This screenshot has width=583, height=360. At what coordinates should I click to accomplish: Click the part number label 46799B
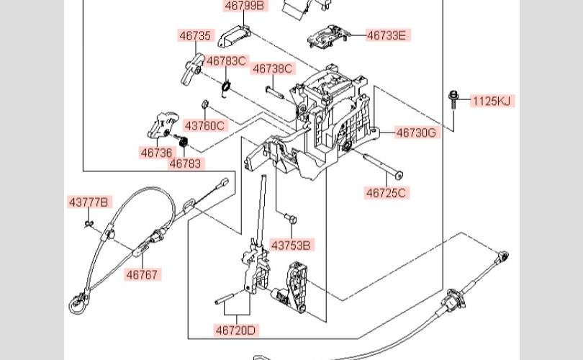pyautogui.click(x=245, y=6)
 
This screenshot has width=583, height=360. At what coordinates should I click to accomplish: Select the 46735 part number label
pyautogui.click(x=196, y=35)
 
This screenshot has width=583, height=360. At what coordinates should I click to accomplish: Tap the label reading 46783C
pyautogui.click(x=226, y=61)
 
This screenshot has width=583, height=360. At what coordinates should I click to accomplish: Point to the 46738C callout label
pyautogui.click(x=272, y=69)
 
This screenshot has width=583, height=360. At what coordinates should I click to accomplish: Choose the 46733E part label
pyautogui.click(x=386, y=35)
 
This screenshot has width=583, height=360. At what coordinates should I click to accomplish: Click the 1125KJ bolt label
pyautogui.click(x=493, y=102)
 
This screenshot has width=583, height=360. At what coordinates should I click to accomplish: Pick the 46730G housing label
pyautogui.click(x=416, y=132)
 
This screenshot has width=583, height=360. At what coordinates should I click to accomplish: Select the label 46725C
pyautogui.click(x=387, y=192)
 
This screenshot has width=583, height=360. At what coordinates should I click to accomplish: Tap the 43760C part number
pyautogui.click(x=204, y=125)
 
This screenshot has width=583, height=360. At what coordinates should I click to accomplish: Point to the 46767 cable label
pyautogui.click(x=143, y=274)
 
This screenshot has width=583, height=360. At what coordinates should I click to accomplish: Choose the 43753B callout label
pyautogui.click(x=291, y=246)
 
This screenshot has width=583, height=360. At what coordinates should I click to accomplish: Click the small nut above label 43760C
pyautogui.click(x=204, y=104)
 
